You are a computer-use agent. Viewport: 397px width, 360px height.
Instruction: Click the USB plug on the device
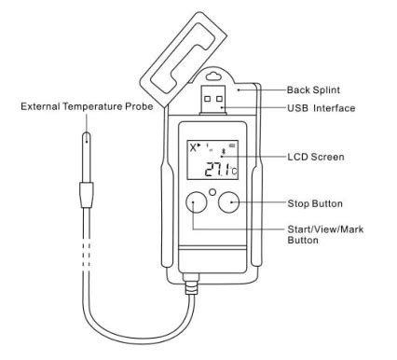(x=215, y=100)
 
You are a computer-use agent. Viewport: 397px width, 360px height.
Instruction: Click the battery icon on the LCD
(x=232, y=145)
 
